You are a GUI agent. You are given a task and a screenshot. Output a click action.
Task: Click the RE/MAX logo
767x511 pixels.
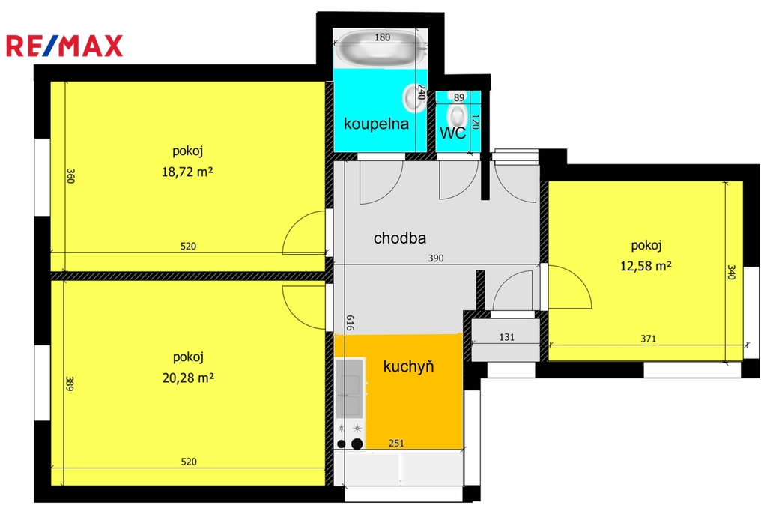pyautogui.click(x=64, y=46)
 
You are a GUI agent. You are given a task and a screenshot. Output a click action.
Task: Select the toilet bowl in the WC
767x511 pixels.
pyautogui.click(x=458, y=116)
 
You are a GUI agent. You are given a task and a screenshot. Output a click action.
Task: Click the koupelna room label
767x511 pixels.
pyautogui.click(x=376, y=124)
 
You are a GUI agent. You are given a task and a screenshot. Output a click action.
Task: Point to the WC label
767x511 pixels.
pyautogui.click(x=452, y=133)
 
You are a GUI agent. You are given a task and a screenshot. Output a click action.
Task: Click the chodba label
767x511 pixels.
pyautogui.click(x=400, y=238)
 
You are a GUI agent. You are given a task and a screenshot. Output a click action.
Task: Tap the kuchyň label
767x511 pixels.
pyautogui.click(x=408, y=366)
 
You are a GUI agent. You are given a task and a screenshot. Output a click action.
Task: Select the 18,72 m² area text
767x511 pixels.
pyautogui.click(x=187, y=172)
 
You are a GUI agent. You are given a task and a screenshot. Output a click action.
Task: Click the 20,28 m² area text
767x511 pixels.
pyautogui.click(x=188, y=378)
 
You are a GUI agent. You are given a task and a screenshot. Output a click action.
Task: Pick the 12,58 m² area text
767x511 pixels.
pyautogui.click(x=646, y=266)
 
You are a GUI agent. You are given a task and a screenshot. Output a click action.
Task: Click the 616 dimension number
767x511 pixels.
pyautogui.click(x=350, y=323)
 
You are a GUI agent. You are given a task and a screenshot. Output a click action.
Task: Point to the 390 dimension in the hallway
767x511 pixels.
pyautogui.click(x=436, y=258)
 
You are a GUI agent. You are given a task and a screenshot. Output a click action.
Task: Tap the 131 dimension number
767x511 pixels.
pyautogui.click(x=507, y=337)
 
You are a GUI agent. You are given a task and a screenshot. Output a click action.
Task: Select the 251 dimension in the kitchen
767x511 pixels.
pyautogui.click(x=396, y=444)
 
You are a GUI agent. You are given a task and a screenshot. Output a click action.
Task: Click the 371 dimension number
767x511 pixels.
pyautogui.click(x=648, y=339)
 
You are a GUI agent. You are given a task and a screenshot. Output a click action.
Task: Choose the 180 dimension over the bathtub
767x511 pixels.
pyautogui.click(x=382, y=37)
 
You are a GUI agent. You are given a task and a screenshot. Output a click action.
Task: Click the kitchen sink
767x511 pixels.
pyautogui.click(x=349, y=388)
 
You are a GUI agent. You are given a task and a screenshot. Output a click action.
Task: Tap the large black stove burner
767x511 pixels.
pyautogui.click(x=357, y=444)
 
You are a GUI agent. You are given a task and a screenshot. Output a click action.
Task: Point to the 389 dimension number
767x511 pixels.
pyautogui.click(x=70, y=384)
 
